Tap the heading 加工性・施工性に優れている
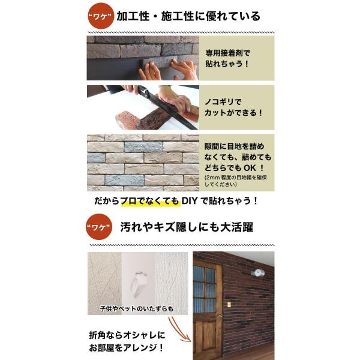(x=188, y=17)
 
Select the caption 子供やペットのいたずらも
(x=137, y=308)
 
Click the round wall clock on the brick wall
(x=259, y=272)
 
